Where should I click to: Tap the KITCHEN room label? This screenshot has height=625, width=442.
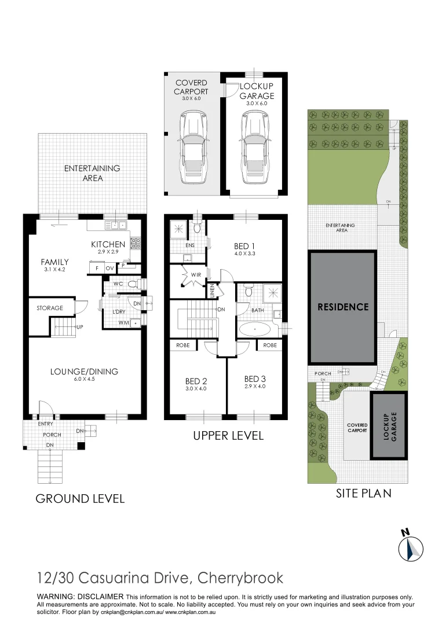click(x=108, y=245)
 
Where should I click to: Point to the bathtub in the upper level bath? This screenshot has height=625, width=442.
click(x=254, y=331)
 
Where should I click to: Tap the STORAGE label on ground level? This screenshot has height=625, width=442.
click(x=50, y=308)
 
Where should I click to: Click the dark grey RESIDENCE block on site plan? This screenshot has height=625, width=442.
click(x=342, y=307)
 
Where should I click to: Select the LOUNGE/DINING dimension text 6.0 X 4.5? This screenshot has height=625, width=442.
click(x=84, y=380)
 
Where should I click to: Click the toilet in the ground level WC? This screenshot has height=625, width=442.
click(x=132, y=284)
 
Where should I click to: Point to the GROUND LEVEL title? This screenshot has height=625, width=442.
click(x=80, y=498)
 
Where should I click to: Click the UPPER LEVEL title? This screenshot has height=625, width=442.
click(x=228, y=435)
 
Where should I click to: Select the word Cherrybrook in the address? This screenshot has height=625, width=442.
click(x=241, y=578)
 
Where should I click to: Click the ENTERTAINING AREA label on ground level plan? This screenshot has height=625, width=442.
click(x=92, y=173)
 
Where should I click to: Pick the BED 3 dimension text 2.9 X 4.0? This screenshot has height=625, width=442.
click(x=255, y=386)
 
